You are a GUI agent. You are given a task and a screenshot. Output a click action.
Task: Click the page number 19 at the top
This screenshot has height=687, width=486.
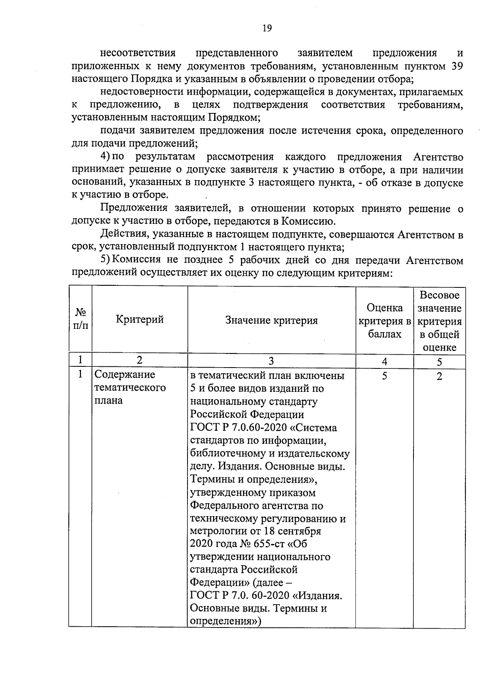[x=266, y=28]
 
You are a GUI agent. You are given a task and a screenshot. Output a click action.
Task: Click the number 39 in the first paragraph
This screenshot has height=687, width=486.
[x=457, y=66]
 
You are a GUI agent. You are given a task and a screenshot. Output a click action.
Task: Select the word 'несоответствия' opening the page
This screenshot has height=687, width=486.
[x=138, y=53]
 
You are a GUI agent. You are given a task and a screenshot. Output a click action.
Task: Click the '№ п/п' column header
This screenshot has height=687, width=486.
[x=81, y=319]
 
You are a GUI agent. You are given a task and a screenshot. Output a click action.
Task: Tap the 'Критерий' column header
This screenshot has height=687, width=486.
[x=140, y=319]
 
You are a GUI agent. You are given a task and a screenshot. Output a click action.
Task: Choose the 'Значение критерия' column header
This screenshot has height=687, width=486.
[x=271, y=321]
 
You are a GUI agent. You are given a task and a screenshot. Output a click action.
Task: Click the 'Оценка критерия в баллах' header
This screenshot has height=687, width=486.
[x=384, y=321]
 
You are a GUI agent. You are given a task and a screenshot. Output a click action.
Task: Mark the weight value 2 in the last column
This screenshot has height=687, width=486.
[x=439, y=376]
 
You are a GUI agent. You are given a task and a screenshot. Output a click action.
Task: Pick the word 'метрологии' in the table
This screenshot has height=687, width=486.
[x=216, y=531]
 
